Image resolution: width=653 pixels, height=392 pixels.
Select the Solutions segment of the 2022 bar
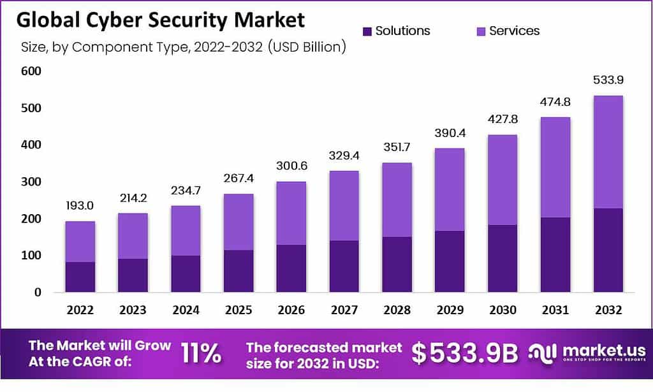pos(80,277)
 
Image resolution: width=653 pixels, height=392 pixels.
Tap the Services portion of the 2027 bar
pos(344,205)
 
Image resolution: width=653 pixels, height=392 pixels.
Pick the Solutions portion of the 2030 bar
pos(503,258)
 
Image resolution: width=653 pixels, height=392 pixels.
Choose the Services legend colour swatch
pos(479,31)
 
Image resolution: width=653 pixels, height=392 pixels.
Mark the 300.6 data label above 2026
pos(291,166)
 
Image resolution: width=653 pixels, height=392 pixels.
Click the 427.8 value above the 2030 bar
pos(503,120)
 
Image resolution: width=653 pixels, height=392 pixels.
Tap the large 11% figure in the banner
pos(202,353)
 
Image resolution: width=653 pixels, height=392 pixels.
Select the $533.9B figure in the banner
pos(464,354)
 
